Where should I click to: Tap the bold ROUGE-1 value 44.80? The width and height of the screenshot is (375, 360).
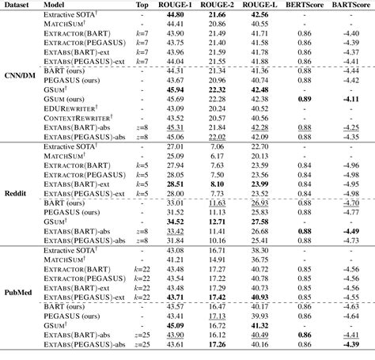175,15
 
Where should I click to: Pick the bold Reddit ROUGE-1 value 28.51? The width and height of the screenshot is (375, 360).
175,183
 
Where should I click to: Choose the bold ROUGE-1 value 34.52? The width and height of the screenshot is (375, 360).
175,222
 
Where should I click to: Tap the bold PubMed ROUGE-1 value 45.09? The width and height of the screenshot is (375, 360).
175,325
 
